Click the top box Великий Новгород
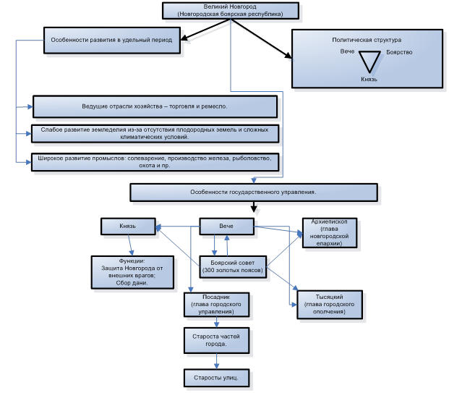[x=231, y=11]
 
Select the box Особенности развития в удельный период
[x=112, y=40]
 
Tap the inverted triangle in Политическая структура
[x=369, y=62]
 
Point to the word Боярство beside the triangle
[x=399, y=52]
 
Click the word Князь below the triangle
[x=369, y=79]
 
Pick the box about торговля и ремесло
[x=155, y=106]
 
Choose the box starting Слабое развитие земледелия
[x=155, y=134]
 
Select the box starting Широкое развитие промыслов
[x=155, y=162]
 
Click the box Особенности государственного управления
[x=254, y=193]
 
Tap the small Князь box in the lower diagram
[x=128, y=226]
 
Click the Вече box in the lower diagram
[x=226, y=226]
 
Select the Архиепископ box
[x=330, y=233]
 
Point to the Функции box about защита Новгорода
[x=132, y=272]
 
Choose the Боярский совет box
[x=233, y=267]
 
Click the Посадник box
[x=216, y=305]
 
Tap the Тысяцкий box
[x=330, y=305]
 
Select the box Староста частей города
[x=216, y=341]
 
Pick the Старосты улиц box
[x=216, y=378]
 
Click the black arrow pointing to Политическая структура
[x=261, y=38]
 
